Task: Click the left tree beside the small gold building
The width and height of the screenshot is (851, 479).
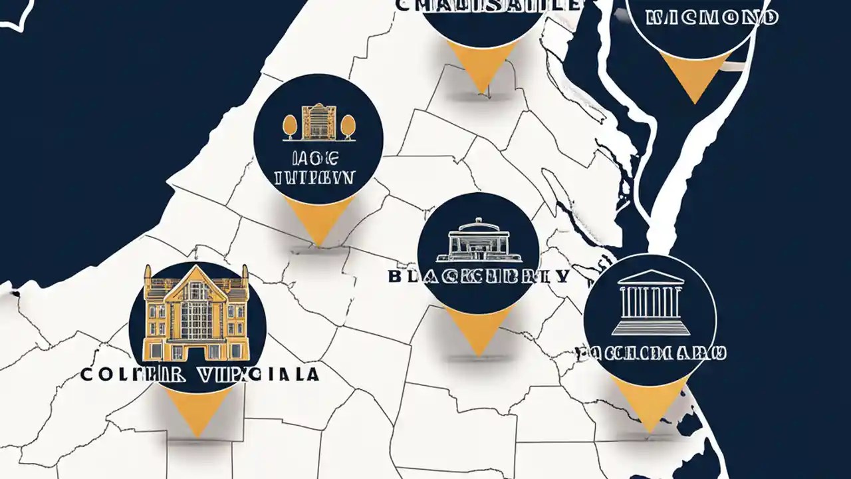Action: [290, 126]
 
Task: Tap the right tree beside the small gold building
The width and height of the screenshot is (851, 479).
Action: [348, 126]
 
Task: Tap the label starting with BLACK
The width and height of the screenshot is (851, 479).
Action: [478, 276]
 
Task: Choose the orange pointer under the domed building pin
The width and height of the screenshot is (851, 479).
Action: [478, 328]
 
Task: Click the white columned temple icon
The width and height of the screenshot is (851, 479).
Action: [650, 303]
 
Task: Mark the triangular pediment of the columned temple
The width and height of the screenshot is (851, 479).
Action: [650, 277]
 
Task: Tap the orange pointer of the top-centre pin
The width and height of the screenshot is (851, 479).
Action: [481, 64]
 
